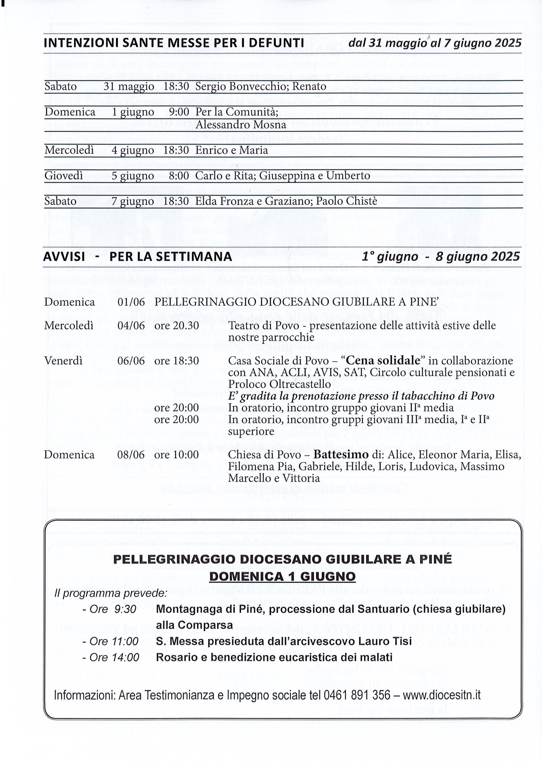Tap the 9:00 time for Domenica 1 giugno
[x=179, y=112]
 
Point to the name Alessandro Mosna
[x=241, y=125]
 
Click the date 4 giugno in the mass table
[x=133, y=150]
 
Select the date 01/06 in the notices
[x=131, y=302]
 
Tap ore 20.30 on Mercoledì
[x=176, y=325]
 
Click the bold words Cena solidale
[x=383, y=361]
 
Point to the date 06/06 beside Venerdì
[x=131, y=361]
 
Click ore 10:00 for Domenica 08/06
[x=176, y=455]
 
